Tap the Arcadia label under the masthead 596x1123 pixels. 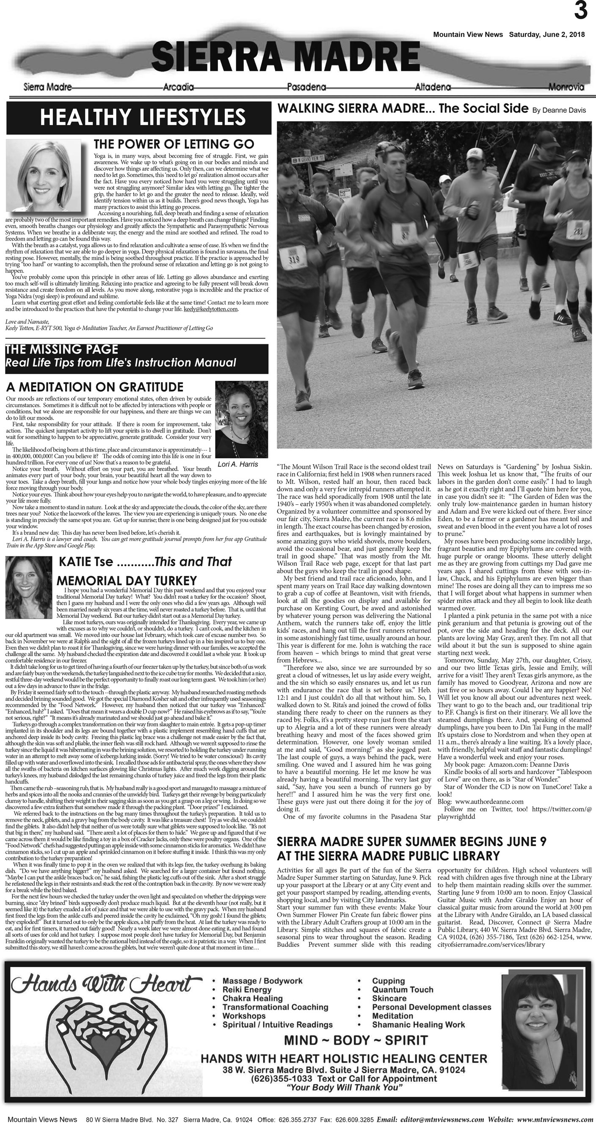tap(178, 87)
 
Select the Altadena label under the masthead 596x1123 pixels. tap(433, 87)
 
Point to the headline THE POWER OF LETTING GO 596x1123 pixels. tap(174, 144)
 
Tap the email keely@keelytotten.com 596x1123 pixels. tap(210, 309)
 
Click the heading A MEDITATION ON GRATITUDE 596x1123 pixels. tap(94, 387)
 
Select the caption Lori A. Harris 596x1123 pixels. tap(237, 464)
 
